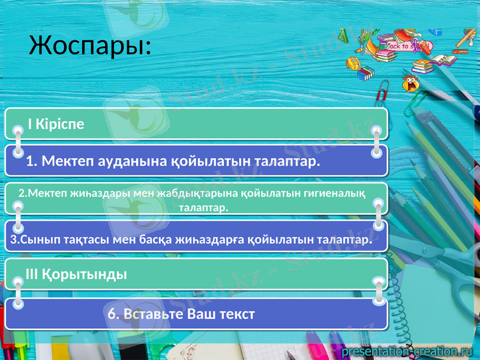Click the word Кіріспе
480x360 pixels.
[60, 124]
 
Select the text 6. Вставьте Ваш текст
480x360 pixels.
[181, 314]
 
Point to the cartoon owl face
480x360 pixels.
[411, 82]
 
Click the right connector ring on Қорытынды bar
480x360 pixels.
[378, 282]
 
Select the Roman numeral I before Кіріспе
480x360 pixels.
[29, 124]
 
